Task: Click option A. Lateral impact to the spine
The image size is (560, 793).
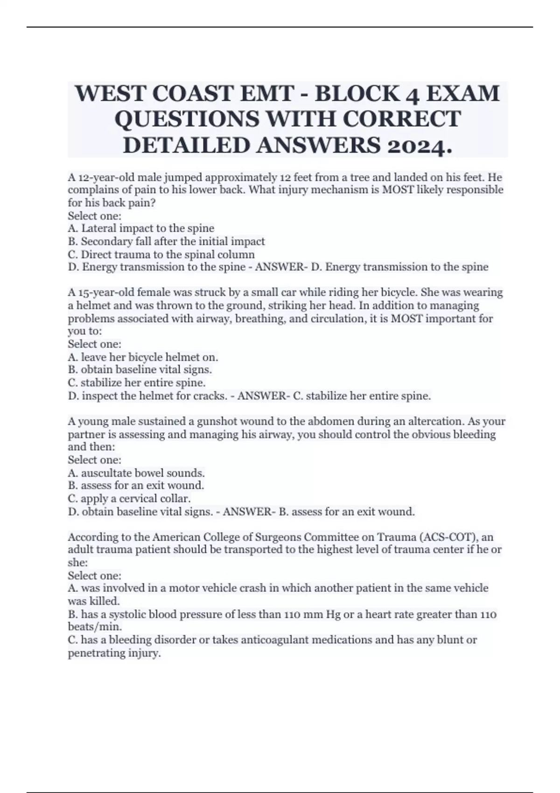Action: [141, 228]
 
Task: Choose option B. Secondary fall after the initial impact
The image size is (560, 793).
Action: [166, 241]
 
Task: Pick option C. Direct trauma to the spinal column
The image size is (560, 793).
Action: [161, 254]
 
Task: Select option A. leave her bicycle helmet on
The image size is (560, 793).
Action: [143, 357]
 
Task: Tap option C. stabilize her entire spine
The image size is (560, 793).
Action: [137, 383]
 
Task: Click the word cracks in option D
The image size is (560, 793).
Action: [213, 396]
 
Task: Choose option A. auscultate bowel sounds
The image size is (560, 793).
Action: [136, 473]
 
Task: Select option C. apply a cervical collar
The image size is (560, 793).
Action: [129, 498]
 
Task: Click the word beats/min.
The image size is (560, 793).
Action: [88, 626]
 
